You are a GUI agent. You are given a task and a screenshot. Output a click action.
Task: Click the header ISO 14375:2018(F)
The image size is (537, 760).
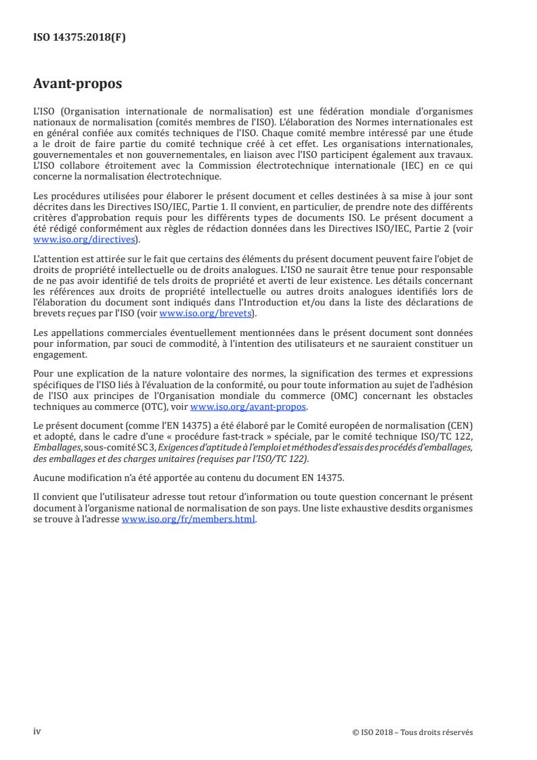coord(80,38)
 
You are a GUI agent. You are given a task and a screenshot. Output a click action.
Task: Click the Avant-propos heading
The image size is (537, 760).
coord(78,84)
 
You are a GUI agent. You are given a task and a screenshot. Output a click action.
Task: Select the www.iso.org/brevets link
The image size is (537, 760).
coord(205,313)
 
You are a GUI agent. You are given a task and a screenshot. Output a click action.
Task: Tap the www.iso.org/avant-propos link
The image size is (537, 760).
coord(249,407)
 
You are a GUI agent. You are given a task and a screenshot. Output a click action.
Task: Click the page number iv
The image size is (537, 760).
coord(37,731)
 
